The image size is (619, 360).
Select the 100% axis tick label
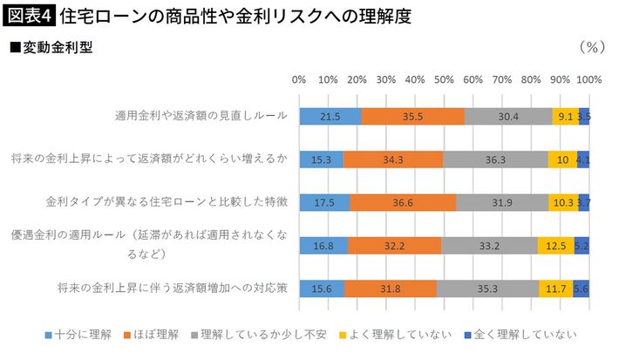click(x=589, y=79)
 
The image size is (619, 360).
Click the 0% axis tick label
click(x=299, y=79)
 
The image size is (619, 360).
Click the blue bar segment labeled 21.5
click(x=330, y=117)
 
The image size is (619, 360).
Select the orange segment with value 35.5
click(x=412, y=117)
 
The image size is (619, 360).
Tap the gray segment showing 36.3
click(x=496, y=160)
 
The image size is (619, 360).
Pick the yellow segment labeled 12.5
click(x=555, y=246)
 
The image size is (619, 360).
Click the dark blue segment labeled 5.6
click(x=582, y=289)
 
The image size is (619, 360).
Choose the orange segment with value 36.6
click(x=403, y=202)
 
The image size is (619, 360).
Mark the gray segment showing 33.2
click(x=489, y=246)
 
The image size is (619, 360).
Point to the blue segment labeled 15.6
click(x=322, y=289)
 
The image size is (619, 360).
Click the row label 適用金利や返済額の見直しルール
click(x=201, y=117)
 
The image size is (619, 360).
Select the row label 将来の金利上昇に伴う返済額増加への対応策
click(x=173, y=289)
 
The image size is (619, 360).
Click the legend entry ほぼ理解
click(x=154, y=333)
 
